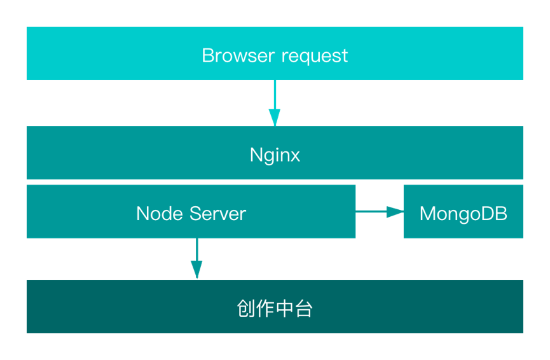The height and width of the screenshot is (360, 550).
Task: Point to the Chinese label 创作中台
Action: coord(275,309)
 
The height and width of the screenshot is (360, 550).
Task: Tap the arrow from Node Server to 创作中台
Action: coord(197,258)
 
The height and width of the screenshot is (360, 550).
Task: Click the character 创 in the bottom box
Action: coord(246,309)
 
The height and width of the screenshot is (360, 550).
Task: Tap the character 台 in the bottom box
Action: coord(303,309)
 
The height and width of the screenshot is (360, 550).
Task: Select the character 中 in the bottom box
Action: coord(284,309)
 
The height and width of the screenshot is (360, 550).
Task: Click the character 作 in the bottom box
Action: coord(265,309)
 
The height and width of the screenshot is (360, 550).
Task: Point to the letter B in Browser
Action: coord(207,55)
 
